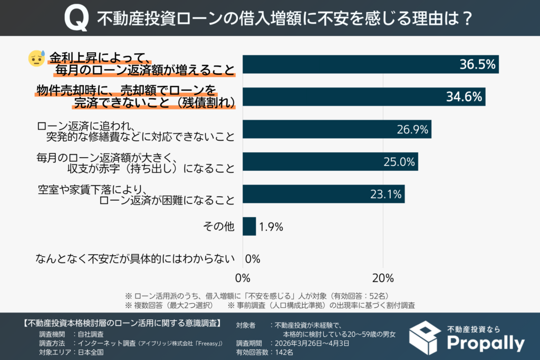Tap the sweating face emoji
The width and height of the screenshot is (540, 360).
click(36, 59)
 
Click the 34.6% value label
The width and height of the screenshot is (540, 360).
click(464, 97)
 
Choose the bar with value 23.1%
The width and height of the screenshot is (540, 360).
click(323, 194)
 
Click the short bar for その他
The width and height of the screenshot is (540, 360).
click(249, 227)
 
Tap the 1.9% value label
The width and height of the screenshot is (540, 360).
click(272, 227)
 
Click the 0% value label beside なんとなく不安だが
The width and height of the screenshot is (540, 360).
click(253, 259)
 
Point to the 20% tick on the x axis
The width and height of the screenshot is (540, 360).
click(383, 277)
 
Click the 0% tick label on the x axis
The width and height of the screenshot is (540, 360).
click(243, 277)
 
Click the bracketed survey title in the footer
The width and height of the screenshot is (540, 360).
click(123, 323)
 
